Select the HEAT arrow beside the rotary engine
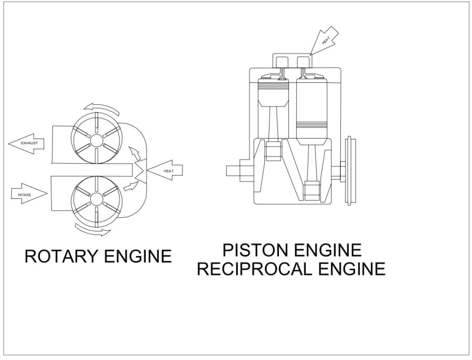coord(165,171)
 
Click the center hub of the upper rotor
coord(97,140)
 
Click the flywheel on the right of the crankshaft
coord(350,171)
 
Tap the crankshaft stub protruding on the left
coord(235,171)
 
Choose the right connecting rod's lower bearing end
coord(313,189)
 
